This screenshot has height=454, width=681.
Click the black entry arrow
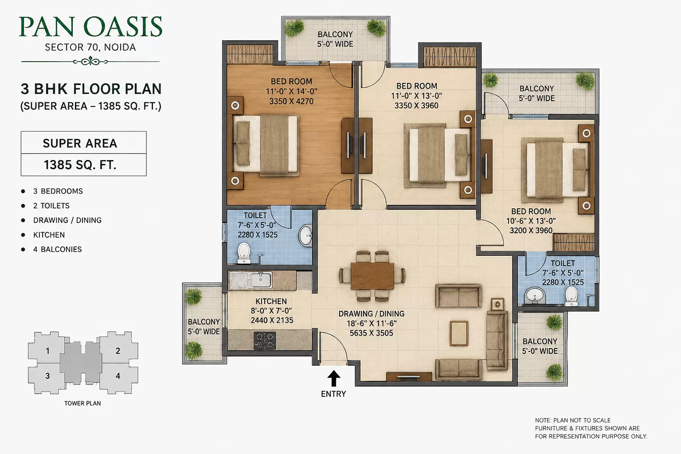(333, 378)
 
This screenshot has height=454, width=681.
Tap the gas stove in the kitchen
(265, 340)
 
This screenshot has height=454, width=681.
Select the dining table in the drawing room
(372, 276)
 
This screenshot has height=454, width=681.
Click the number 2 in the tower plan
(118, 351)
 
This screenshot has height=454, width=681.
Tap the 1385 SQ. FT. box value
(80, 165)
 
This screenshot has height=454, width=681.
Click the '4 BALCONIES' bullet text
(58, 249)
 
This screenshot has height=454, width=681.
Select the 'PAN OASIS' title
(90, 27)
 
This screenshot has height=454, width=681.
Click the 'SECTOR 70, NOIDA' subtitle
(90, 47)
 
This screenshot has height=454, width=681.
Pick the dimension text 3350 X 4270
(291, 101)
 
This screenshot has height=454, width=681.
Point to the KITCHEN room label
(271, 301)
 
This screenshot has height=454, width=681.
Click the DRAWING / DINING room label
(372, 314)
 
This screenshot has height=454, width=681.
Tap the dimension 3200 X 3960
(531, 231)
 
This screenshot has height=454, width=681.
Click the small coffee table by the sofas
(459, 333)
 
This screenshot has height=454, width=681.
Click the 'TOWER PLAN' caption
(82, 403)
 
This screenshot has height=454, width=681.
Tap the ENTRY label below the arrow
(333, 394)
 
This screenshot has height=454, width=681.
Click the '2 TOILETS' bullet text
(51, 206)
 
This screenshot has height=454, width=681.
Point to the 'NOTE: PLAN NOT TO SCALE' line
(573, 421)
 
